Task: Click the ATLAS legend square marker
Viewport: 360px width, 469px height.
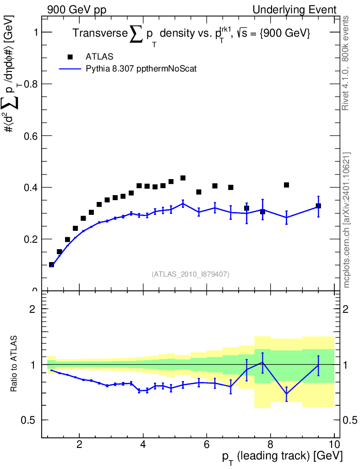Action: coord(70,57)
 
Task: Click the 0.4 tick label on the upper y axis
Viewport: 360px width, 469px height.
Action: coord(33,188)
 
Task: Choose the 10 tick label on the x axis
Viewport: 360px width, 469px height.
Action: coord(334,444)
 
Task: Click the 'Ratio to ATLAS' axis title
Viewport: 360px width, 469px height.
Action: coord(14,364)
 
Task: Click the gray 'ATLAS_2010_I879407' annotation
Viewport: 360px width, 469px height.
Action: coord(190,274)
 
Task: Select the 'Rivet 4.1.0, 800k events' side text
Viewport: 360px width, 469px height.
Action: coord(347,63)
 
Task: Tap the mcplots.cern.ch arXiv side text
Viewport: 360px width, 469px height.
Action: coord(347,220)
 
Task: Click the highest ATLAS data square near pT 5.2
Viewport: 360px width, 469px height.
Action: coord(183,178)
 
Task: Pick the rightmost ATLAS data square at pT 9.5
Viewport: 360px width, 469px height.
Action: coord(318,206)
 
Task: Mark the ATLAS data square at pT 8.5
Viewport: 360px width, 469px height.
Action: coord(286,185)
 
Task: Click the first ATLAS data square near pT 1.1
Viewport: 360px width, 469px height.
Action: coord(51,265)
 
